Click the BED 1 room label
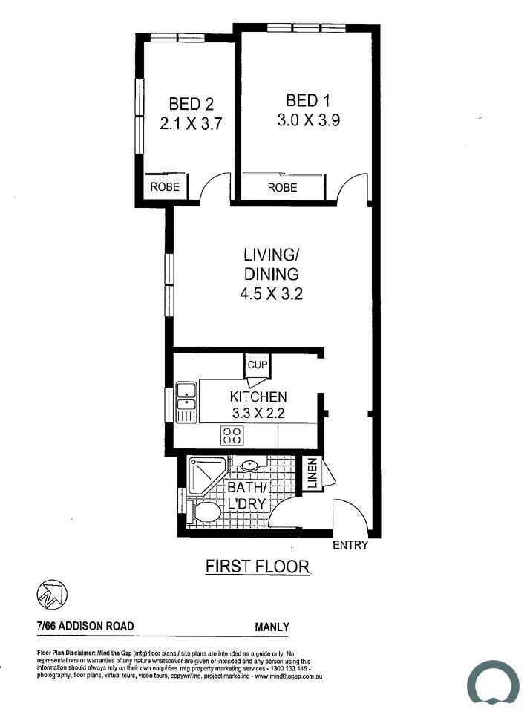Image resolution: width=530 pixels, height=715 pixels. click(308, 100)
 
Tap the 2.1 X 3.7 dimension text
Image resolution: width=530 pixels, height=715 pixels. click(191, 123)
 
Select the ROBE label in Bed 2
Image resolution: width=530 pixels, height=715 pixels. click(165, 186)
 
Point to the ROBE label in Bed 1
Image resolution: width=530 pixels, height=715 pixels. click(283, 187)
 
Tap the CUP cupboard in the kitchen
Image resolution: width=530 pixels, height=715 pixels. click(258, 365)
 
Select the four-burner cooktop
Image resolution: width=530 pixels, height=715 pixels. click(232, 435)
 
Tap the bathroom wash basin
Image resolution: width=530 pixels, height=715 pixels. click(249, 466)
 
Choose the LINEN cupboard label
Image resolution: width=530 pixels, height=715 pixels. click(313, 474)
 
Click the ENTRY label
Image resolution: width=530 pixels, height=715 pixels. click(350, 545)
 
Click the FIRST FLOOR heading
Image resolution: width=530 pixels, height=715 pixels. click(258, 567)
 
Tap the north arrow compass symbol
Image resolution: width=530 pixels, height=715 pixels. click(52, 595)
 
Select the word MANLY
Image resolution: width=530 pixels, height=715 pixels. click(272, 627)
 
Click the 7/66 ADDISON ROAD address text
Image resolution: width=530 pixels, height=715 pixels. click(85, 626)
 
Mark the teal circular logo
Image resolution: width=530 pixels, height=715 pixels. click(493, 682)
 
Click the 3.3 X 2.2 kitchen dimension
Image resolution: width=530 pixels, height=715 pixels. click(258, 413)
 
